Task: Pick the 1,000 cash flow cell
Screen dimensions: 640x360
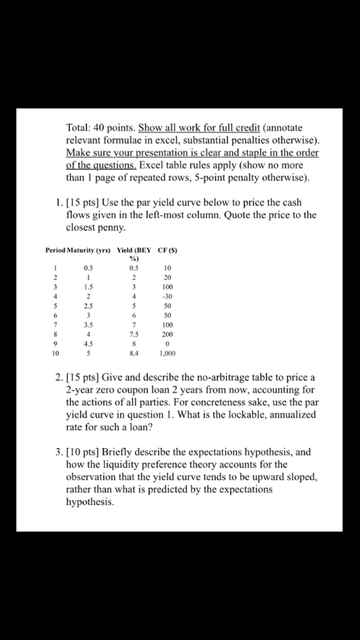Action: (167, 353)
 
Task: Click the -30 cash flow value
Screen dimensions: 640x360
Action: (167, 296)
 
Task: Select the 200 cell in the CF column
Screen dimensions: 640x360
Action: (167, 334)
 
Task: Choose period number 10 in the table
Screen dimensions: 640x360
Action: (55, 353)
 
